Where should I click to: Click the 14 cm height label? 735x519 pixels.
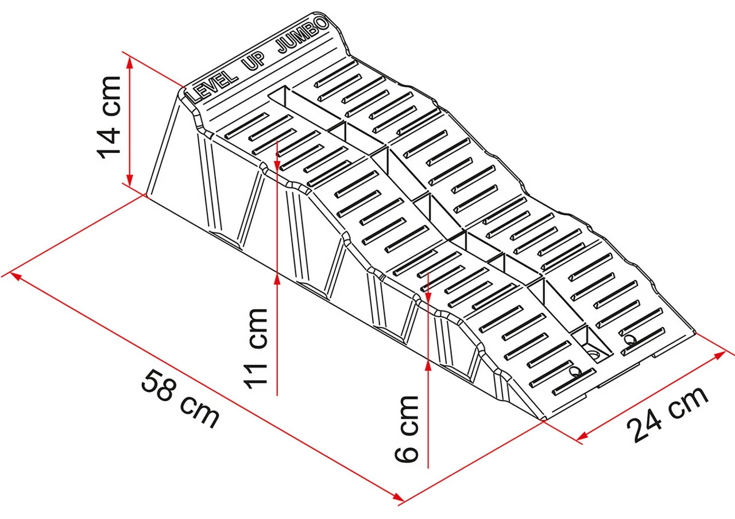click(x=109, y=117)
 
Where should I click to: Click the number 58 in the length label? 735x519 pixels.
click(x=158, y=386)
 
